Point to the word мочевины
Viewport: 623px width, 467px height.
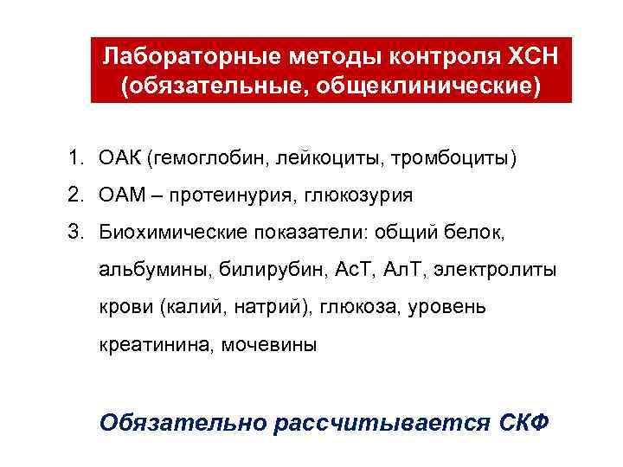click(x=269, y=344)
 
